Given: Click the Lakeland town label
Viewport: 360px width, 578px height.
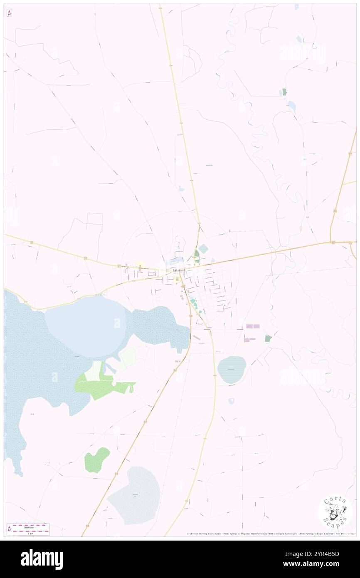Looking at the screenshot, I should pos(180,271).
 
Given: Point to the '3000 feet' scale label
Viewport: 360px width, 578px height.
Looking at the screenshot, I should pos(28,527).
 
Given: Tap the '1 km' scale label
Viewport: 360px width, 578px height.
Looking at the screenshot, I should pos(28,533).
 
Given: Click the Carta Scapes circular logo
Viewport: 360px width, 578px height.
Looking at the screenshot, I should pos(335,511).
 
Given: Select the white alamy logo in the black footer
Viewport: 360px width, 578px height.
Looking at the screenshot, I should pos(42,559).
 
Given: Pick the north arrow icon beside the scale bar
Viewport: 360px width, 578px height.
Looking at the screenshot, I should pos(9,529).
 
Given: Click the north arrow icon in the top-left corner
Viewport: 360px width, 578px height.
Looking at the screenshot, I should pos(9,13).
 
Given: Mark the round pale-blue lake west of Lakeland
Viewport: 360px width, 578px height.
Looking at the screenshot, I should pos(85,326).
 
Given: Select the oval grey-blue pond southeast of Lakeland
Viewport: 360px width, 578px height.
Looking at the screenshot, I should pos(232,369).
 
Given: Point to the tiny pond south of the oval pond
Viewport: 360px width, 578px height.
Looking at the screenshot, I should pos(231,401).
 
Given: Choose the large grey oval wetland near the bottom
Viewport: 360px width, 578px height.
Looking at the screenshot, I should pos(134,495).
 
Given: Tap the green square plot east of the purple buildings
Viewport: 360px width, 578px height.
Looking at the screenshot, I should pos(268,338).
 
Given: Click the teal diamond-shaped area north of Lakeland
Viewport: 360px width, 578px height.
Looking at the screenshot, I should pos(203,249).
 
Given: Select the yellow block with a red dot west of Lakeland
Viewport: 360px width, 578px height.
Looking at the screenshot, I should pos(140,265).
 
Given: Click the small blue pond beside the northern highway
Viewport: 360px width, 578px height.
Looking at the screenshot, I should pos(181,188).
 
